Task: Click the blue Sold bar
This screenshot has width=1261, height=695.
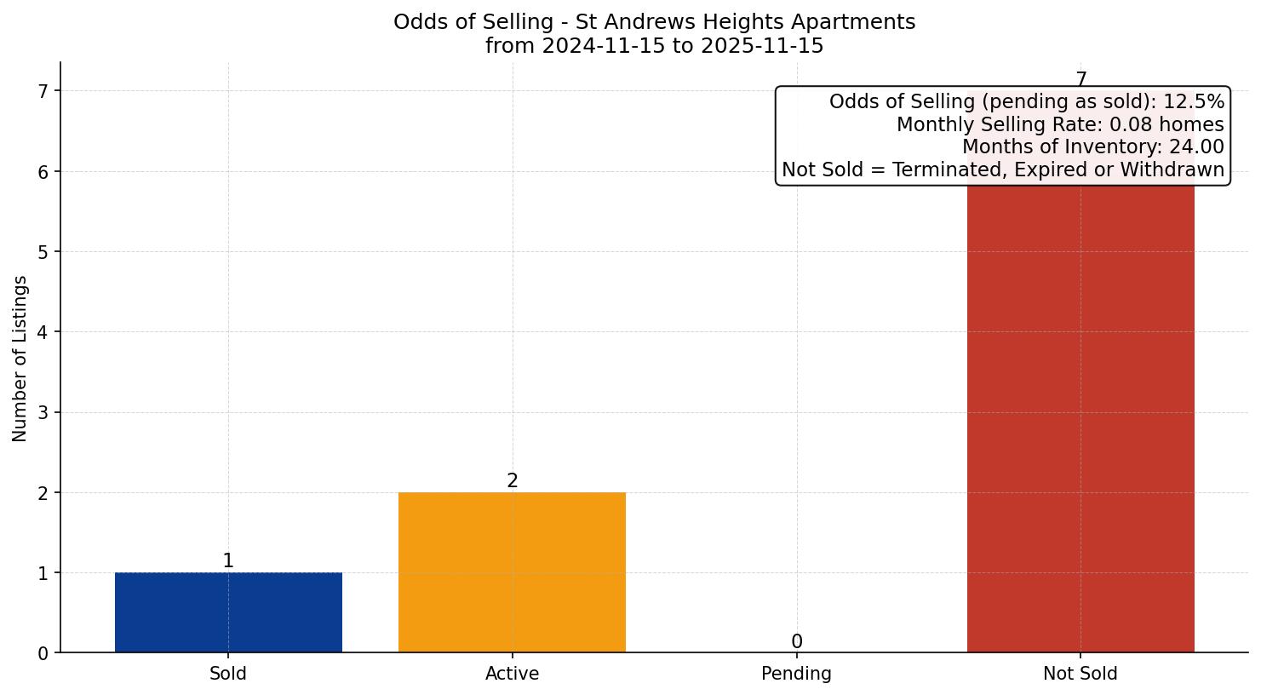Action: pos(228,612)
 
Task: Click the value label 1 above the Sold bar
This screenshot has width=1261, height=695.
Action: pos(228,561)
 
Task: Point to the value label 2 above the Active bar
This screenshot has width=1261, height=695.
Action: pos(512,481)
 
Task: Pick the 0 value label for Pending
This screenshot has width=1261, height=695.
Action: pos(796,642)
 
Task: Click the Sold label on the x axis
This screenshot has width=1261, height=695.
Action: pos(228,674)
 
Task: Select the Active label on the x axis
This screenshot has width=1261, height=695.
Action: pos(512,674)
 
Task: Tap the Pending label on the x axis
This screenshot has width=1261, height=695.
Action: pos(796,674)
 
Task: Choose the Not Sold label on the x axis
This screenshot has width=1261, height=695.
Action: pos(1080,674)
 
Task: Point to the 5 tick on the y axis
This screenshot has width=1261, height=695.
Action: pos(43,252)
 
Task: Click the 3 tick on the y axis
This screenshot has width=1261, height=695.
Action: pos(43,413)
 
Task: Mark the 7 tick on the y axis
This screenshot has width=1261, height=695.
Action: pos(43,91)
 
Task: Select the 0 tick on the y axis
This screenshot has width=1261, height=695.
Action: pos(43,653)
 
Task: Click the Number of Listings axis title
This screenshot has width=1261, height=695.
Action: pos(20,358)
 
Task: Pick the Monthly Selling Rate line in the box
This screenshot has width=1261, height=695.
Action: pos(1060,125)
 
